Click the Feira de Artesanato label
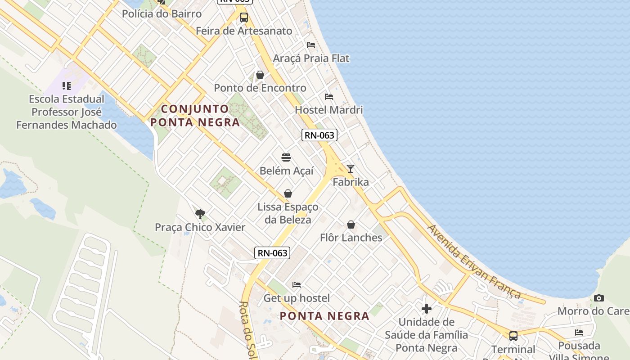click(244, 31)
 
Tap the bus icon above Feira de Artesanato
click(244, 18)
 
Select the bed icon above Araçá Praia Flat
click(310, 45)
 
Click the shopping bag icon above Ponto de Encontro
click(260, 75)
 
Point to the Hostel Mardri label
click(328, 110)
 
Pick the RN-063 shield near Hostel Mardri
click(319, 135)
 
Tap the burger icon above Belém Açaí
click(286, 157)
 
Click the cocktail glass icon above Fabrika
click(351, 169)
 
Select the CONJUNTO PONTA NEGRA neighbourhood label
click(195, 116)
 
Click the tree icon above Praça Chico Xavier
click(200, 214)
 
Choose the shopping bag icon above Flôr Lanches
click(351, 224)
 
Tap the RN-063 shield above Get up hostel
click(272, 253)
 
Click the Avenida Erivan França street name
click(474, 261)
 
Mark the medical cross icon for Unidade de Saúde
click(427, 309)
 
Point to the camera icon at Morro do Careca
click(598, 298)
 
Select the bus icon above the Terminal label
click(513, 336)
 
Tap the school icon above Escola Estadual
click(67, 85)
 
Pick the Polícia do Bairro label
click(162, 14)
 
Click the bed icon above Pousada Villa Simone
click(579, 333)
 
